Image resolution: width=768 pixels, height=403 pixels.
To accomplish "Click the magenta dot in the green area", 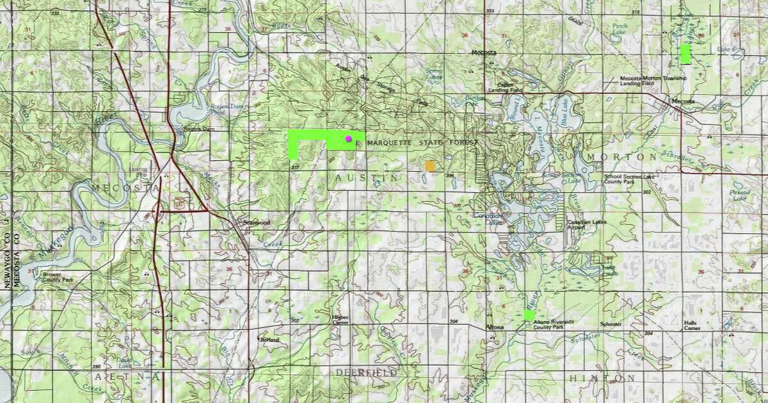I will click(x=348, y=138).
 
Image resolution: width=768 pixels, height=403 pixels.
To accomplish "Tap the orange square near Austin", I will click(x=430, y=166).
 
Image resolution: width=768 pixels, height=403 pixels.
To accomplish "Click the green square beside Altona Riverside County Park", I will click(x=529, y=315).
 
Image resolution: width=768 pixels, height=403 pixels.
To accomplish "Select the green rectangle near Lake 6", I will click(x=685, y=54).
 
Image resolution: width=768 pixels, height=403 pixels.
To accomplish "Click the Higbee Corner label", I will click(x=339, y=320).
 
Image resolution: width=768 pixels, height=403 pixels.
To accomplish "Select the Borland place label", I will click(x=269, y=339).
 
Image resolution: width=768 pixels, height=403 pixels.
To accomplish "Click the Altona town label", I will click(x=495, y=327).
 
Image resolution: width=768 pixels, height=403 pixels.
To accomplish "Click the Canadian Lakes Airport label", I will click(x=585, y=225).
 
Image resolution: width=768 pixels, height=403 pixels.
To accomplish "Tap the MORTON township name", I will click(x=617, y=156).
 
